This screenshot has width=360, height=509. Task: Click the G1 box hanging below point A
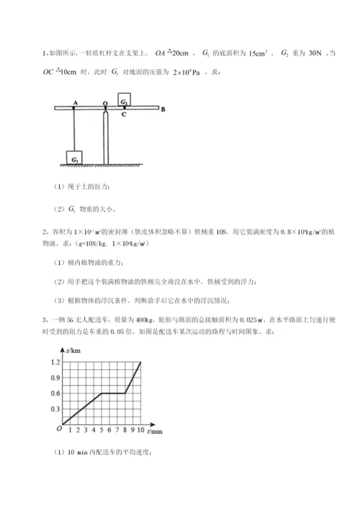[x=76, y=156]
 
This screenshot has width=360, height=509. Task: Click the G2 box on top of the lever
[x=125, y=101]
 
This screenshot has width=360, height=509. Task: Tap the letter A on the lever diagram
[x=76, y=103]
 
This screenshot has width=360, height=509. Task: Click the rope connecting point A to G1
[x=76, y=130]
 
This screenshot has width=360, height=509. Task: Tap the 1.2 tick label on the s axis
[x=55, y=362]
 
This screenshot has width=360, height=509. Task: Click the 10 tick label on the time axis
[x=140, y=431]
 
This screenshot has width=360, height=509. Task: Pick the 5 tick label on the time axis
[x=102, y=431]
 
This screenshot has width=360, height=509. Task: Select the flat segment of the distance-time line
[x=113, y=393]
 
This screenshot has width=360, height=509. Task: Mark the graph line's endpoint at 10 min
[x=140, y=362]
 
